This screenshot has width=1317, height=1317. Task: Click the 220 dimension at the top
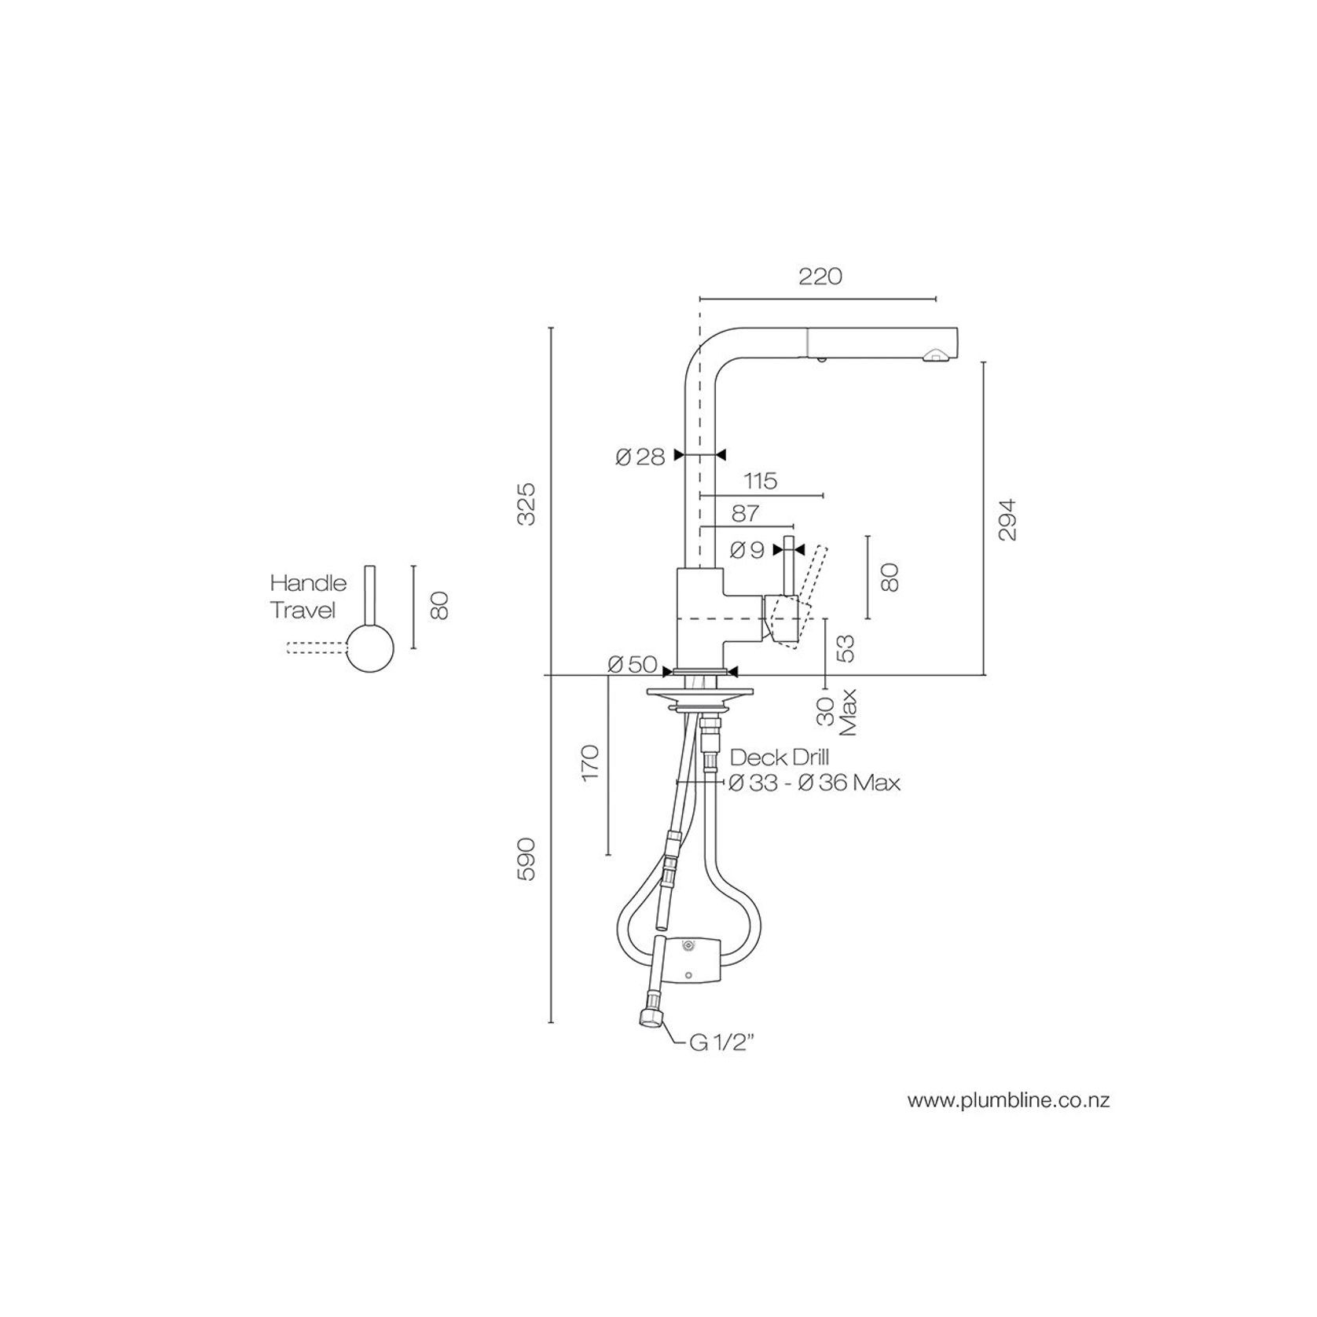pos(820,277)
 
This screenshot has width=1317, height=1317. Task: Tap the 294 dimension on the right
pos(1007,519)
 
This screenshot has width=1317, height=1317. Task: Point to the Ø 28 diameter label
pos(640,457)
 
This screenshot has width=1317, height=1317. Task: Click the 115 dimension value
pos(759,480)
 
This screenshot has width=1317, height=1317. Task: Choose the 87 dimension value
pos(745,513)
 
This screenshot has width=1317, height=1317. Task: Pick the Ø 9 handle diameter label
pos(747,550)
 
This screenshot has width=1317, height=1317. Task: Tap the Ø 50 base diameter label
pos(633,665)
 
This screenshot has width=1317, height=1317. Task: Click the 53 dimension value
pos(846,647)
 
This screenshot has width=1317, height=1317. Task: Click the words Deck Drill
pos(780,758)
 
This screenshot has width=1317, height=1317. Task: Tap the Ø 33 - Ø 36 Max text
pos(814,783)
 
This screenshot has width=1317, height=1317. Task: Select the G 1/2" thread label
pos(722,1043)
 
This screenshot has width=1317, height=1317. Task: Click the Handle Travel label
pos(307,596)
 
